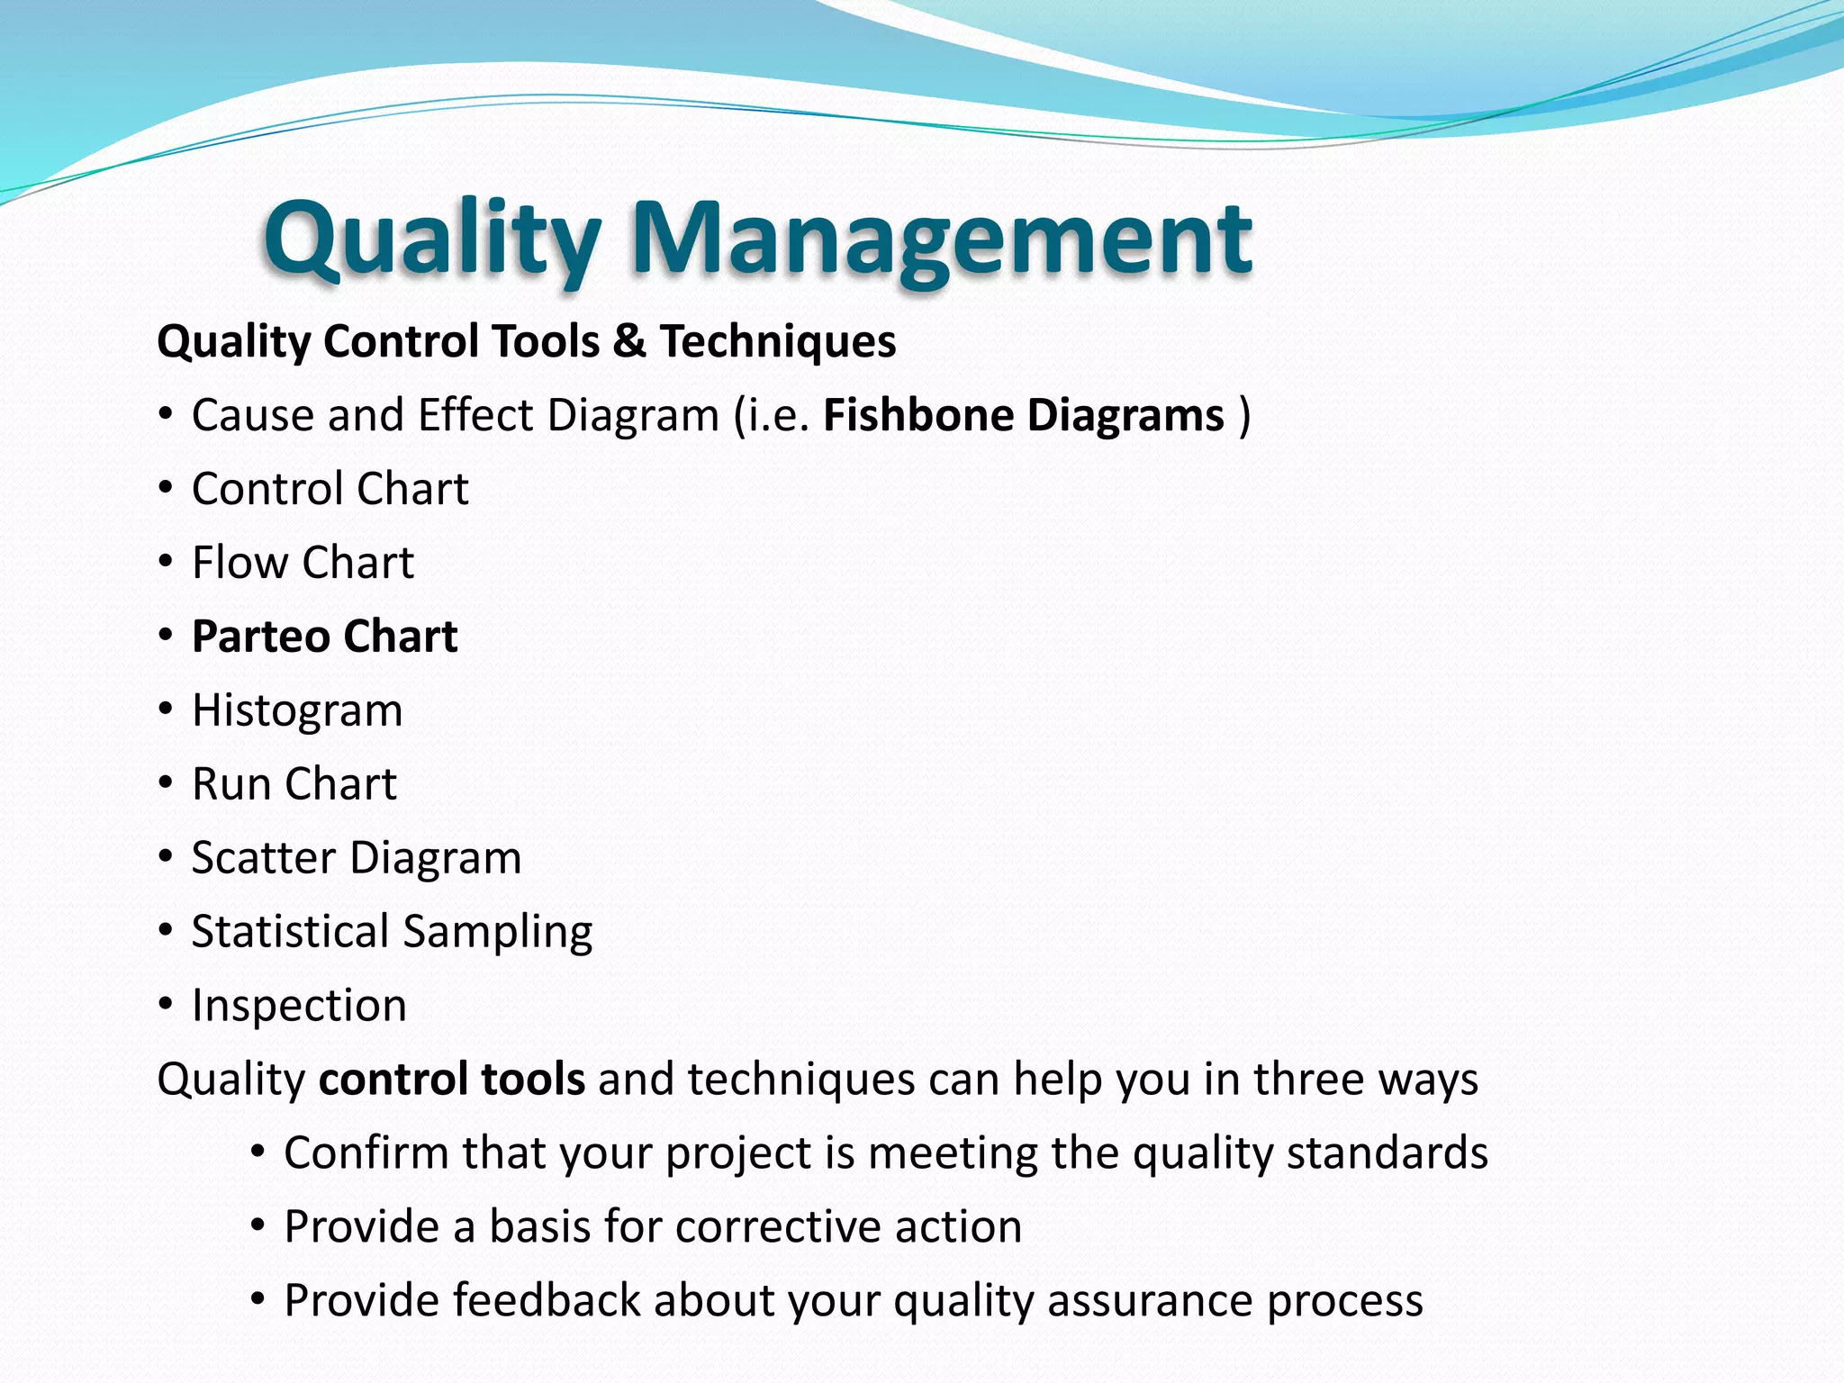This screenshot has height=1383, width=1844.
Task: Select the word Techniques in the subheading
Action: coord(778,341)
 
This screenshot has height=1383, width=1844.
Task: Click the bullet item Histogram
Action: coord(297,710)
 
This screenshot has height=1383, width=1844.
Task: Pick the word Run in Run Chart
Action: coord(230,784)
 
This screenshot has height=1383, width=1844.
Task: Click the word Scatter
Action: coord(263,858)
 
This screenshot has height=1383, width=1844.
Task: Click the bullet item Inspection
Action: coord(299,1006)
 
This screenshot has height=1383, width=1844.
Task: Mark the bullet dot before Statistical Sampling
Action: coord(165,930)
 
